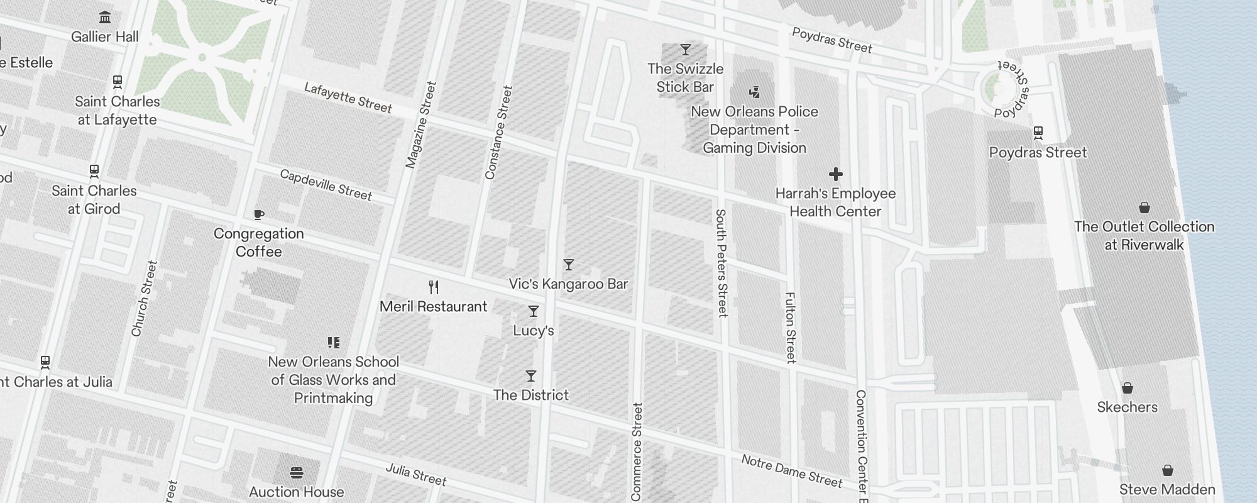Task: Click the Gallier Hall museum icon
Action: tap(105, 17)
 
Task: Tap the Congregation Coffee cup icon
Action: tap(258, 215)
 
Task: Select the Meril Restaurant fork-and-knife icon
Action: tap(434, 287)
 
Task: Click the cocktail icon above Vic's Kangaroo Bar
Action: tap(569, 265)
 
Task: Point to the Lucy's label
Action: tap(533, 331)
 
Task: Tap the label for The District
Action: tap(530, 395)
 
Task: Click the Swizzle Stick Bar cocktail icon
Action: tap(686, 50)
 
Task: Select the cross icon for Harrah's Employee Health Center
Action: tap(835, 174)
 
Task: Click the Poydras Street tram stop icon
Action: tap(1038, 133)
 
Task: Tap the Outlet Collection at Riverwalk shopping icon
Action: tap(1144, 207)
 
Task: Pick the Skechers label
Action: tap(1127, 407)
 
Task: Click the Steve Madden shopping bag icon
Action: tap(1167, 470)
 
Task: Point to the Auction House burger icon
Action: tap(297, 472)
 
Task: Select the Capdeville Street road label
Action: tap(326, 185)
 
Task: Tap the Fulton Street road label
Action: tap(791, 328)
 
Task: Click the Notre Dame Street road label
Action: tap(791, 472)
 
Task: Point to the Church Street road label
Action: tap(144, 299)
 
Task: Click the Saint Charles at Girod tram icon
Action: tap(94, 170)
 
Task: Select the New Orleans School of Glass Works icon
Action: tap(334, 343)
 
